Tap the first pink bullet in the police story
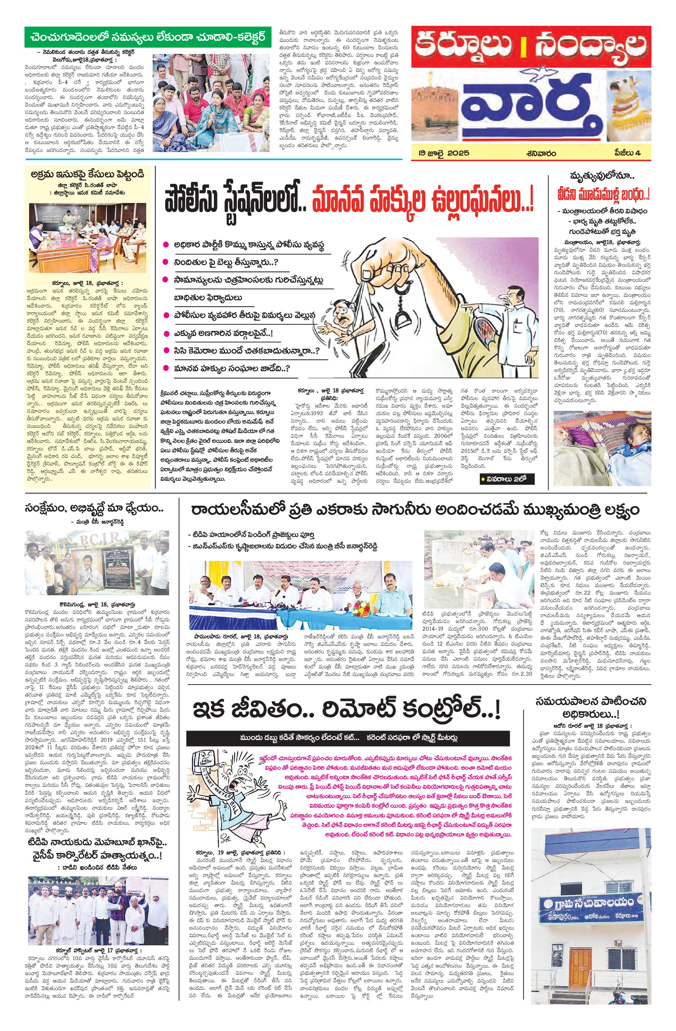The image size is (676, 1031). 165,245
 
